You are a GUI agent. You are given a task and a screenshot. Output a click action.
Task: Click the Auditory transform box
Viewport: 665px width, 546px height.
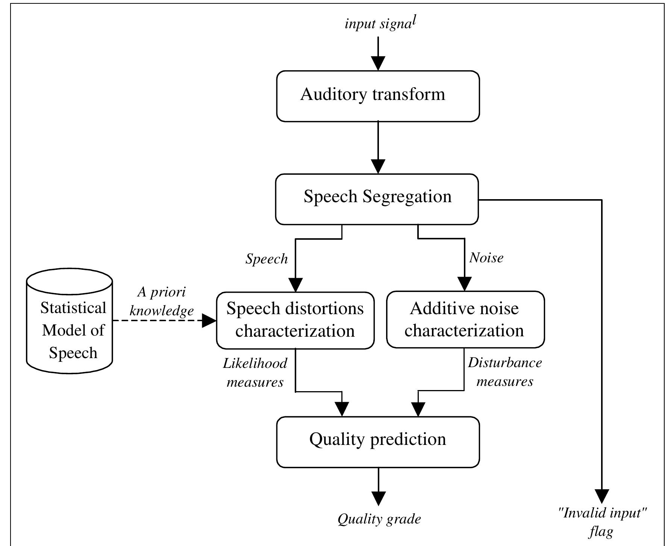pos(378,96)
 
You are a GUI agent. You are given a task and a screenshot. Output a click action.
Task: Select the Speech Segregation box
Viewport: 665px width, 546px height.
pos(377,199)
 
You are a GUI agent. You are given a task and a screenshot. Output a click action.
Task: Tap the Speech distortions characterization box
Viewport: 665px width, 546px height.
pos(295,320)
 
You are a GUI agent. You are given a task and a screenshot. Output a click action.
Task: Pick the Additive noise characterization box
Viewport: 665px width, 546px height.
pos(465,319)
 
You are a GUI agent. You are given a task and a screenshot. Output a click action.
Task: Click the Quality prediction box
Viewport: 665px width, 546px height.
pos(378,442)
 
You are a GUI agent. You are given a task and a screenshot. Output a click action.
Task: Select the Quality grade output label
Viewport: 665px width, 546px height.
pos(379,519)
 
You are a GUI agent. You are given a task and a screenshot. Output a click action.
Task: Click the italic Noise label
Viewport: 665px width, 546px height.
pos(486,258)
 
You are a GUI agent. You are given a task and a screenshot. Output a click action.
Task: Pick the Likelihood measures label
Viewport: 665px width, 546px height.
pos(255,372)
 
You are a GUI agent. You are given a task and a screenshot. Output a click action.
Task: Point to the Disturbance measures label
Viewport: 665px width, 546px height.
pos(505,372)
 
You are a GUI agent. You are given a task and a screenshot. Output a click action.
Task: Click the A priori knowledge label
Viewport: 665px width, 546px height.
pos(162,301)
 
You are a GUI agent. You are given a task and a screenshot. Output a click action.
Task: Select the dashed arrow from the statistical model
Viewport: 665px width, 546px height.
pos(158,321)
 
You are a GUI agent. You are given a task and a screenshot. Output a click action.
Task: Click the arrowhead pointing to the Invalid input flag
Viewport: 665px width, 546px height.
pos(602,496)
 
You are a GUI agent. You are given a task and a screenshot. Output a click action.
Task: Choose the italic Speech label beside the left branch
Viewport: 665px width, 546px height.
pos(267,259)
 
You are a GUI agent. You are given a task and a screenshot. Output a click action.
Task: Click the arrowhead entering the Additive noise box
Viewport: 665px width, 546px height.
pos(465,284)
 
